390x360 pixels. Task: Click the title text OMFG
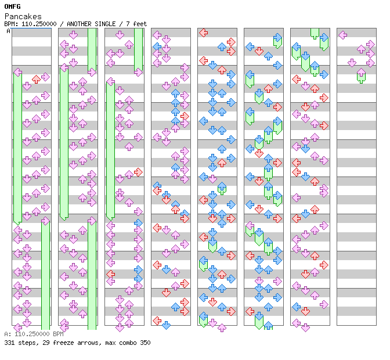click(x=12, y=6)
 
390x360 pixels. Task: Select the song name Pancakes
click(x=23, y=16)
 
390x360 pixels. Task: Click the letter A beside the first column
click(x=8, y=31)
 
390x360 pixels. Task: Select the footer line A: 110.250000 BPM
click(x=34, y=334)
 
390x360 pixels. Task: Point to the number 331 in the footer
click(x=9, y=343)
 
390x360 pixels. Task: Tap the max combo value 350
click(x=145, y=343)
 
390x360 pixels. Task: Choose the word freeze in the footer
click(x=59, y=343)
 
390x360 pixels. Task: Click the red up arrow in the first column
click(x=36, y=79)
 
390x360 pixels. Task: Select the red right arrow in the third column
click(x=138, y=172)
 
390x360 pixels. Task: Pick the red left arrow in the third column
click(x=110, y=274)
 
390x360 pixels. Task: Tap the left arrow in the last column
click(x=342, y=35)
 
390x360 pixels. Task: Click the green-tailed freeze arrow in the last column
click(x=361, y=74)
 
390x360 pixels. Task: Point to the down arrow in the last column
click(x=352, y=63)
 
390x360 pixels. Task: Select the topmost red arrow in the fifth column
click(x=203, y=33)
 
